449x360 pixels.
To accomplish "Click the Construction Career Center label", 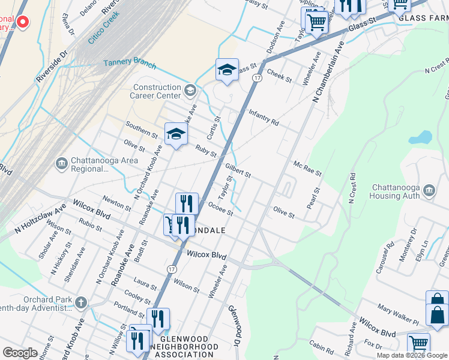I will point(157,91).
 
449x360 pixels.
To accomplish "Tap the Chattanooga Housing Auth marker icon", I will point(429,190).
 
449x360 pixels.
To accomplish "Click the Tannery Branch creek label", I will point(130,64).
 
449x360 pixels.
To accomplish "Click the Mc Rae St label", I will point(307,168).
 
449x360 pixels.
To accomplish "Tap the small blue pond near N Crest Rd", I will point(421,138).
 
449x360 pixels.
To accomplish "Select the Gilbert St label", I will point(237,170).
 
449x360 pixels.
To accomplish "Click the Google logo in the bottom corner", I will point(20,353).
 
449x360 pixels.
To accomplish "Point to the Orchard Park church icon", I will point(81,301).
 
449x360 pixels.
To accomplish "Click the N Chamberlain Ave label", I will point(326,71).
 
